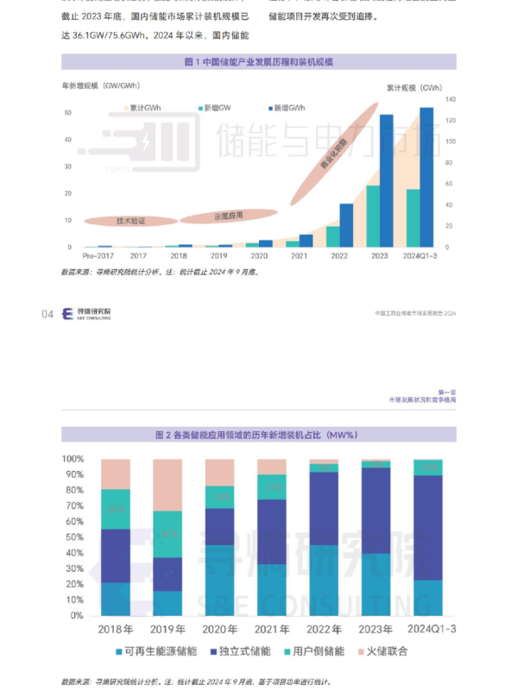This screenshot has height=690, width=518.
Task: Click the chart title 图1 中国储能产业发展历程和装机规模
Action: [x=258, y=62]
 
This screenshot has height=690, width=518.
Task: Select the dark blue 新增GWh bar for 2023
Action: [x=387, y=181]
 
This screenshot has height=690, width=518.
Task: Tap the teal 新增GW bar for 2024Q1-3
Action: [x=413, y=218]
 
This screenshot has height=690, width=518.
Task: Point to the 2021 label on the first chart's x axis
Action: [x=299, y=256]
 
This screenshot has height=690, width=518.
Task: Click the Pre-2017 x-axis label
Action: [x=98, y=256]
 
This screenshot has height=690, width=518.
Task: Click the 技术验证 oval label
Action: [x=130, y=221]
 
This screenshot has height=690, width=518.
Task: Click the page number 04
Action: [x=47, y=314]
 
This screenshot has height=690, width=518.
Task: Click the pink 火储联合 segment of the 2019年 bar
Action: [x=167, y=485]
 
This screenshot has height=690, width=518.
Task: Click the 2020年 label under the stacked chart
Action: [x=219, y=627]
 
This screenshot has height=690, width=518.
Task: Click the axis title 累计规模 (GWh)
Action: [x=414, y=88]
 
